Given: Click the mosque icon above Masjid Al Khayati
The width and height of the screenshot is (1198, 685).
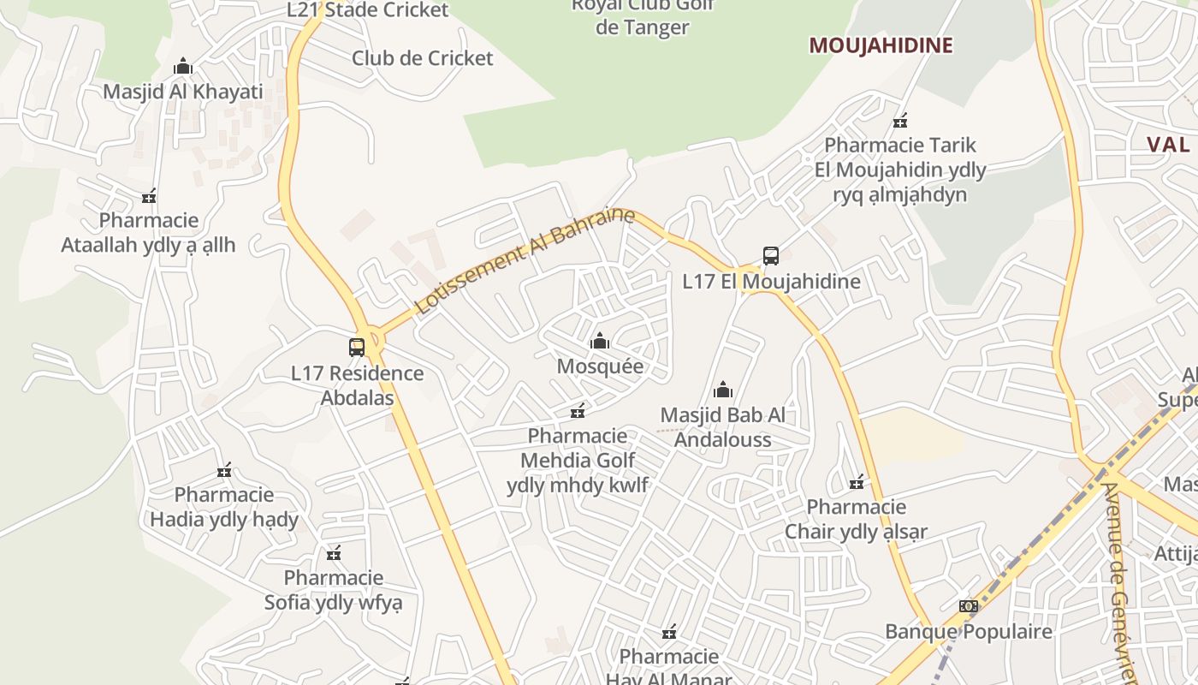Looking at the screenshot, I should (x=182, y=67).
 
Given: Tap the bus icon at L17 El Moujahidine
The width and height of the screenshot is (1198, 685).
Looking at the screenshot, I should (x=771, y=256).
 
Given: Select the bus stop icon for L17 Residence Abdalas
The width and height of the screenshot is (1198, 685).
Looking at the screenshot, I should (x=357, y=348).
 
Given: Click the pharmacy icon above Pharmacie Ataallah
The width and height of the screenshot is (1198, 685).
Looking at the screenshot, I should (x=150, y=196).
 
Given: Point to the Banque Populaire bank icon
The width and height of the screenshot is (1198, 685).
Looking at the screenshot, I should (x=968, y=606).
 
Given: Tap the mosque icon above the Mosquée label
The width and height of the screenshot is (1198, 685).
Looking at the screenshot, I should (x=600, y=342).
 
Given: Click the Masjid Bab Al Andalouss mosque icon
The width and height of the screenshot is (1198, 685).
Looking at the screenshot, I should (x=723, y=390).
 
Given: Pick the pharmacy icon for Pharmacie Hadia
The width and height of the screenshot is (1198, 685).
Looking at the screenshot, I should (x=224, y=470).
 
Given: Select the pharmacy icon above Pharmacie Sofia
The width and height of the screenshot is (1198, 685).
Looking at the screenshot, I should (x=334, y=553).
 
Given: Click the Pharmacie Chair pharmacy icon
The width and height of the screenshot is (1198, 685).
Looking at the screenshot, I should (x=857, y=483).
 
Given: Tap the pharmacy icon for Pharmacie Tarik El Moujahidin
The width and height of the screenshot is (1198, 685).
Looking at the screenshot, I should (x=900, y=121).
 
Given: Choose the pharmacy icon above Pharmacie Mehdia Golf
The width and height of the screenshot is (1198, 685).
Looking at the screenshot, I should (x=578, y=411).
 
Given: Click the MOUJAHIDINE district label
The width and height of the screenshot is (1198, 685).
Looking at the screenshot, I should (x=881, y=45).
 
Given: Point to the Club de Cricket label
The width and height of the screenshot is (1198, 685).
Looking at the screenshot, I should (x=423, y=58).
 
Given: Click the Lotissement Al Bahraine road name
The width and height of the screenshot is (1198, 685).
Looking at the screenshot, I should (x=525, y=260).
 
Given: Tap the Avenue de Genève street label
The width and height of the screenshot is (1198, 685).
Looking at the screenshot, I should (x=1120, y=582).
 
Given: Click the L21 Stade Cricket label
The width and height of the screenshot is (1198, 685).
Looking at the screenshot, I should (x=367, y=10).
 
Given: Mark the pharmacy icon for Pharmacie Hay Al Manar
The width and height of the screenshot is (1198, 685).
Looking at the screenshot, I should (x=669, y=633).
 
